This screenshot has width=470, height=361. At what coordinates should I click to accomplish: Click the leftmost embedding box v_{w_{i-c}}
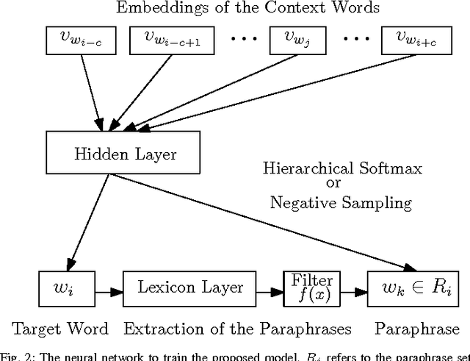pyautogui.click(x=73, y=40)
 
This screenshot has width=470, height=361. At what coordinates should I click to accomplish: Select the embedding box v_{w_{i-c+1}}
pyautogui.click(x=167, y=40)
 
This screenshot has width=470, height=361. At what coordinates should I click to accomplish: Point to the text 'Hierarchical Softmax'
pyautogui.click(x=343, y=168)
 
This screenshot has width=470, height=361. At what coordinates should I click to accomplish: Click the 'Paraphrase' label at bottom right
pyautogui.click(x=416, y=329)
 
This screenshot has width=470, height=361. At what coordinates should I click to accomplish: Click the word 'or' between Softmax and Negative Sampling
pyautogui.click(x=343, y=185)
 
